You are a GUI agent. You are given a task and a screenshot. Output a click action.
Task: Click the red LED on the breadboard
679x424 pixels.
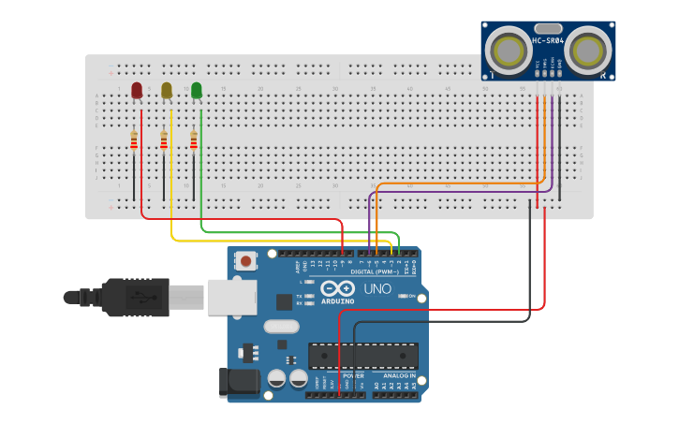coord(137,90)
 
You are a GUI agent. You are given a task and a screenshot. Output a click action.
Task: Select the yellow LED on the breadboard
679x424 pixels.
coord(167,90)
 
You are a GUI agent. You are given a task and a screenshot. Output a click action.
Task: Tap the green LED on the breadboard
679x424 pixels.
coord(197,90)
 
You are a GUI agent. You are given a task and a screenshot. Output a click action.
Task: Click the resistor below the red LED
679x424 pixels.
coord(134,140)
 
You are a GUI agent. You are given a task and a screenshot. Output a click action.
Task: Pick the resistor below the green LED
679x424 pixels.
coord(194,140)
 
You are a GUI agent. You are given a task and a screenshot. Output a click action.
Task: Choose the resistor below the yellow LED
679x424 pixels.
coord(164,140)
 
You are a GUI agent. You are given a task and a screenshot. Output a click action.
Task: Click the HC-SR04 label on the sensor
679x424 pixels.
coord(548,40)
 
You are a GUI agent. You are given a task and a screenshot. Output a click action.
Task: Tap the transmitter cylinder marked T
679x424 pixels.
coord(509,49)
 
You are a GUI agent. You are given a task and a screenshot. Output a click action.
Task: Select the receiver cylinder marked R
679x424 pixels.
coord(588,49)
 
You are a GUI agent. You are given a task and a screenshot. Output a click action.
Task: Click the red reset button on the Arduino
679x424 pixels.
coord(246,260)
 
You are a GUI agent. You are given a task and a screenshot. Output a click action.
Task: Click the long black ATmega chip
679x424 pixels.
coord(363,356)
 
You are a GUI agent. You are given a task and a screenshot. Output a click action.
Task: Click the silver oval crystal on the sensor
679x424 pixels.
coord(548,28)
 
